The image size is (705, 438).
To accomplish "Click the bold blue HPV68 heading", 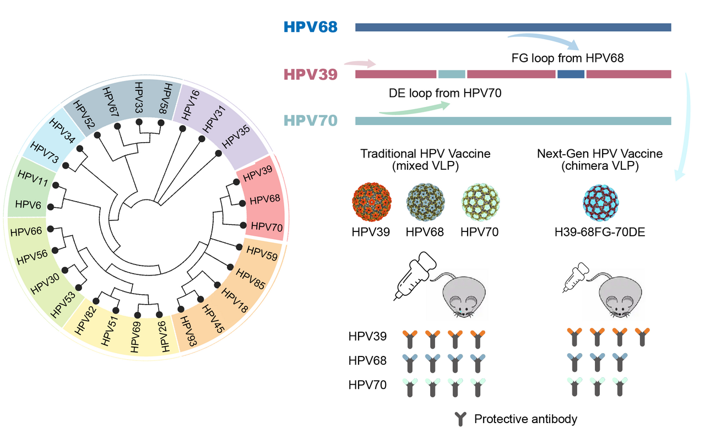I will click(311, 26).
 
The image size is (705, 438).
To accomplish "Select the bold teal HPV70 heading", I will click(311, 121).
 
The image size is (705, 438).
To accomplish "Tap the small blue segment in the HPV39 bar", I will click(571, 74).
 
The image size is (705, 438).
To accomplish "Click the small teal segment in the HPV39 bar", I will click(452, 74).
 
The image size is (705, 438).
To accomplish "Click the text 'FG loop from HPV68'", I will click(567, 58).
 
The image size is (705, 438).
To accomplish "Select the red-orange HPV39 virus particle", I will click(371, 203).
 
